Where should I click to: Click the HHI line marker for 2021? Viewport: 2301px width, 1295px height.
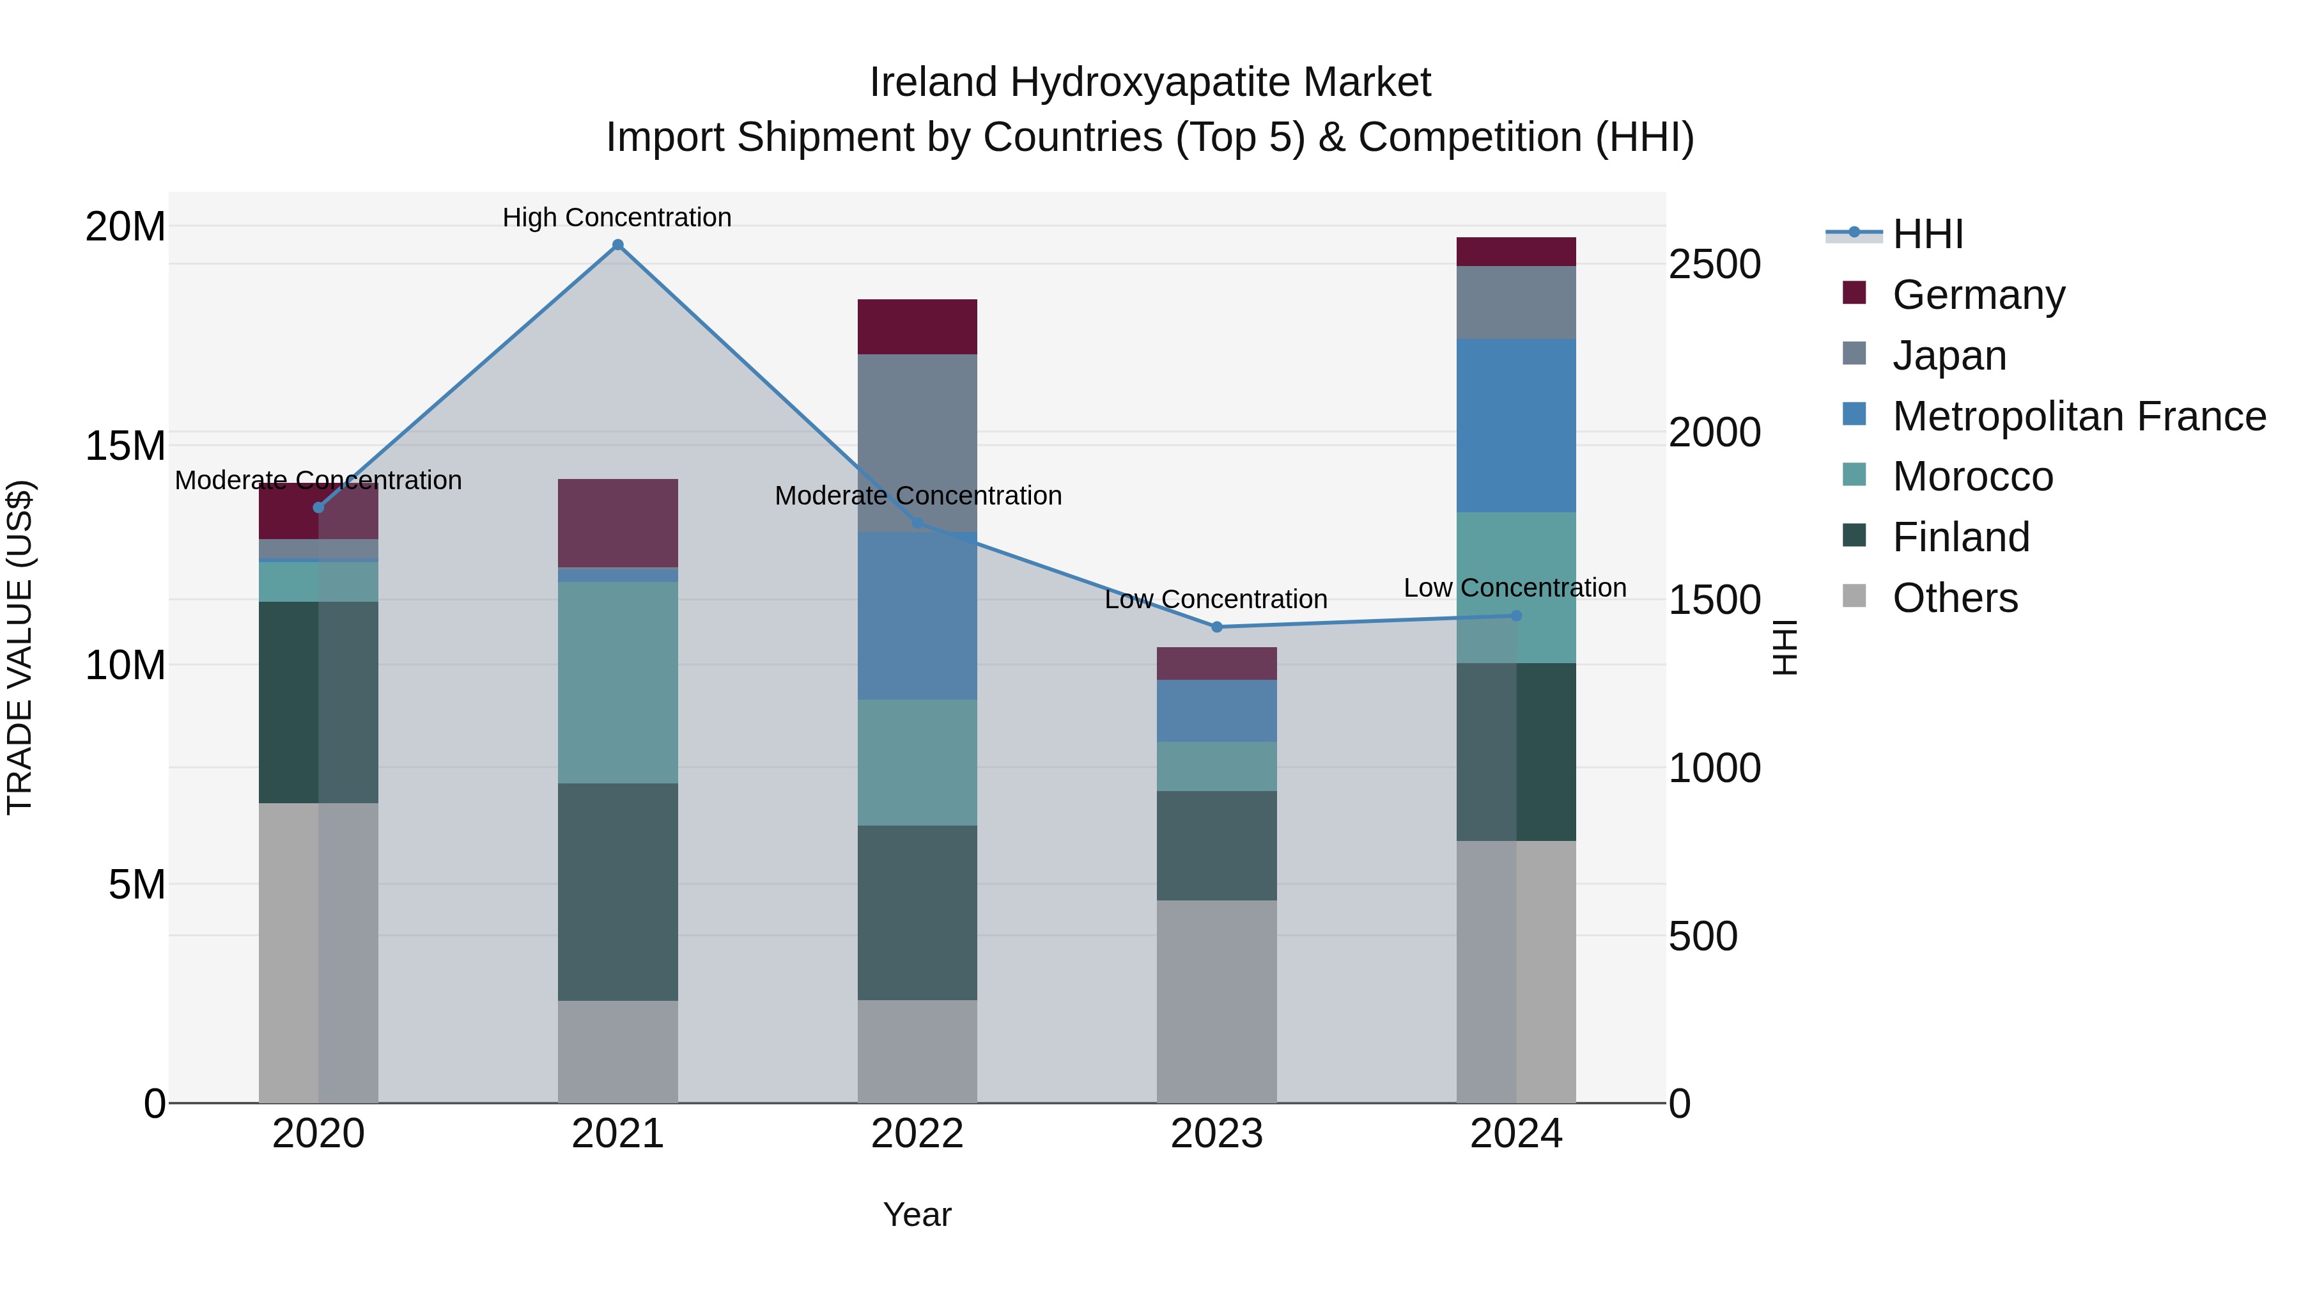coord(617,245)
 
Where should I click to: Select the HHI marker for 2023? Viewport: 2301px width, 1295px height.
coord(1216,627)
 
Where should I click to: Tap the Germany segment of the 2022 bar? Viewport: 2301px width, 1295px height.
coord(917,326)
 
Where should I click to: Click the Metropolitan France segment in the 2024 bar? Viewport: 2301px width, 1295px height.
coord(1516,425)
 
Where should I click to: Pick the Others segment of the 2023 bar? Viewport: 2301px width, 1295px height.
coord(1216,1001)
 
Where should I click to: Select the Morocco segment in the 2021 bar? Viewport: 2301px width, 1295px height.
coord(617,683)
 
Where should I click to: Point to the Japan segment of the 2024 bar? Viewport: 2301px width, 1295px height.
coord(1516,302)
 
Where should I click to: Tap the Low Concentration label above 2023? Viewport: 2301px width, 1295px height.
coord(1216,599)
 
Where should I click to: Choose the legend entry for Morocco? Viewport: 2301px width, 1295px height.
coord(1972,476)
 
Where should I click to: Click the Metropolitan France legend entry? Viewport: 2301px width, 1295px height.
coord(2079,416)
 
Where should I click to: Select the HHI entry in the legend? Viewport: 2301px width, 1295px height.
coord(1928,234)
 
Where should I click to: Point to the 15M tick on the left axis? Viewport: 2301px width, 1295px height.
coord(125,446)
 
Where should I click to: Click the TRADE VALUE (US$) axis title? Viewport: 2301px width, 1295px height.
coord(20,647)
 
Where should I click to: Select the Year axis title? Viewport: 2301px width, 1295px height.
coord(917,1214)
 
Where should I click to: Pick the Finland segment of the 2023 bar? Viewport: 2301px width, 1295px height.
coord(1216,845)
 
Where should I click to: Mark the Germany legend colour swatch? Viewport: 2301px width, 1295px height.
coord(1854,293)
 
